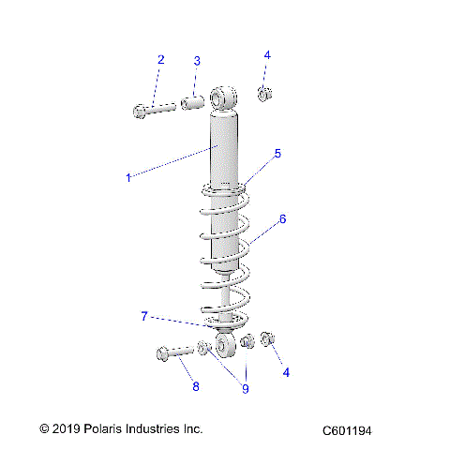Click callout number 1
[128, 175]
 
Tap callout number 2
[160, 60]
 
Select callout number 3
[197, 61]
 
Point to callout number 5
[277, 153]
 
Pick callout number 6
[282, 220]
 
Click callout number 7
[143, 317]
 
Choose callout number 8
[195, 386]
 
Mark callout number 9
[246, 388]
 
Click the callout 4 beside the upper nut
[267, 55]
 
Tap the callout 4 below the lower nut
[287, 372]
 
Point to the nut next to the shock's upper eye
[265, 93]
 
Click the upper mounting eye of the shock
[224, 97]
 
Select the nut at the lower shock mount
[267, 339]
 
